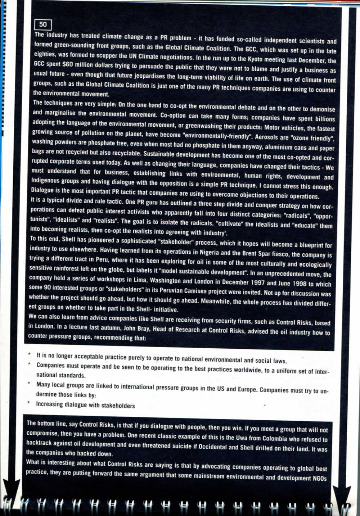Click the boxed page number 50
[x=43, y=24]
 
